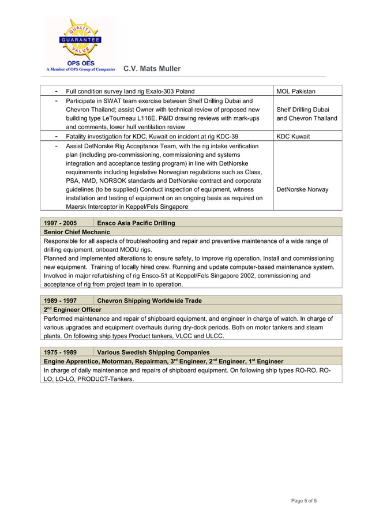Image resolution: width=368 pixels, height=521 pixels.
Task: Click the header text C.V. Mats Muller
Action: [x=152, y=69]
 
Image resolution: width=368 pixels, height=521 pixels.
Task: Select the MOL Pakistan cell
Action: [x=296, y=91]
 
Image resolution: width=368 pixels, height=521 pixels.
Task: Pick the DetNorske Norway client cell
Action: [x=302, y=189]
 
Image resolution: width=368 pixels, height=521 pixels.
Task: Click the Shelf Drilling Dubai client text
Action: [x=303, y=110]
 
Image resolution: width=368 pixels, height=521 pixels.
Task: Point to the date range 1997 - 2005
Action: [x=61, y=223]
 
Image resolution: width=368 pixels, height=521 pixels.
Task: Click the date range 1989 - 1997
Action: [x=61, y=301]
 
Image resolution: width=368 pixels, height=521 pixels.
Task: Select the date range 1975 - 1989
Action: [x=61, y=352]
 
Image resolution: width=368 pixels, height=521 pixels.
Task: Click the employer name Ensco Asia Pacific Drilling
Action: [x=136, y=223]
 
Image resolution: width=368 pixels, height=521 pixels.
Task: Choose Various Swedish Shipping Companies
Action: [x=153, y=352]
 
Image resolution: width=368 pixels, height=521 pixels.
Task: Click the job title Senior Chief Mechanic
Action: [x=77, y=232]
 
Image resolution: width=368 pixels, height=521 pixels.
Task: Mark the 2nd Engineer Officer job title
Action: [x=72, y=310]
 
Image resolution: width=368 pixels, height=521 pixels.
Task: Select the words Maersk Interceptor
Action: [x=93, y=207]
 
